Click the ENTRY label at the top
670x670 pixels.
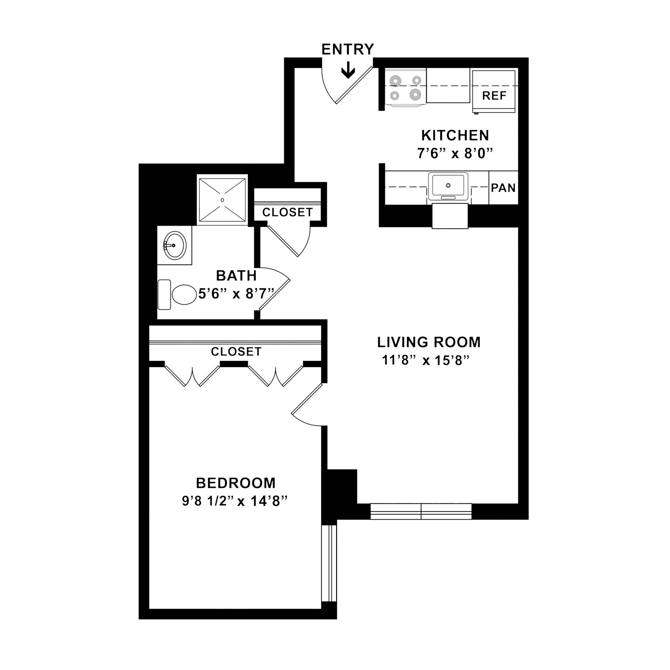click(347, 50)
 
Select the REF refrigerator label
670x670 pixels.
click(494, 96)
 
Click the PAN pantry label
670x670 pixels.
click(503, 188)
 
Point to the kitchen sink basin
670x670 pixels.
click(448, 185)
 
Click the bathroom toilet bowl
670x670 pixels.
click(184, 295)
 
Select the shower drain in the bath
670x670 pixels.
click(222, 200)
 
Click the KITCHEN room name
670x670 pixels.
click(455, 135)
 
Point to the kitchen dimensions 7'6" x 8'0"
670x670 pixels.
click(455, 154)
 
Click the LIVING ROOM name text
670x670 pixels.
click(429, 342)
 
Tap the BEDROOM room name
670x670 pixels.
click(236, 483)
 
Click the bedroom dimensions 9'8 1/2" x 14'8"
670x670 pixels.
click(234, 501)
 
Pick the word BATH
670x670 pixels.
click(236, 276)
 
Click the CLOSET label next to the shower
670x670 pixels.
click(288, 212)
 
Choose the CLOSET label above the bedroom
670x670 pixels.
click(236, 351)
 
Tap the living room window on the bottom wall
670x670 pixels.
click(421, 511)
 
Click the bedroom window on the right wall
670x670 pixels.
click(329, 568)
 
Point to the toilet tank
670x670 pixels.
click(164, 295)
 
